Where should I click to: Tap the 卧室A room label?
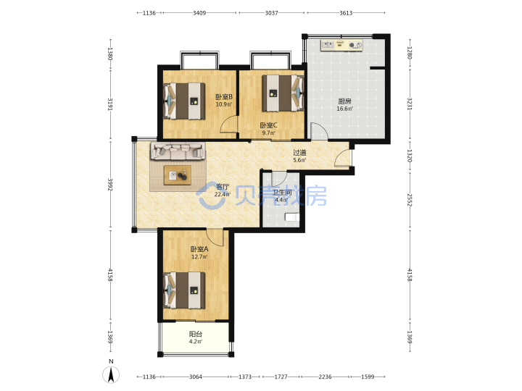[x=199, y=249]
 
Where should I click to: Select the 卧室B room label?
[x=224, y=97]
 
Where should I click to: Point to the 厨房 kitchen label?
[x=344, y=101]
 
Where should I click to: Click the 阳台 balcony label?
[x=196, y=334]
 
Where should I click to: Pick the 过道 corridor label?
[x=299, y=153]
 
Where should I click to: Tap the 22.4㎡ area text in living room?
[x=223, y=195]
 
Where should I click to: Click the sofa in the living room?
[x=178, y=151]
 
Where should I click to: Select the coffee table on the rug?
[x=178, y=175]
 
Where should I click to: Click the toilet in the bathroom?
[x=292, y=217]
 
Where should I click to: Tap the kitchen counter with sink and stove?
[x=341, y=45]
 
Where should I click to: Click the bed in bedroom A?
[x=184, y=290]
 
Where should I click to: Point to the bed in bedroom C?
[x=283, y=93]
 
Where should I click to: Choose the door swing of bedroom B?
[x=229, y=125]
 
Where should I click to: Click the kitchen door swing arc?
[x=319, y=130]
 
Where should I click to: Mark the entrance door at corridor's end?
[x=342, y=158]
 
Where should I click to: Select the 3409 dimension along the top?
[x=199, y=13]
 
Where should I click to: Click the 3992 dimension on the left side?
[x=110, y=185]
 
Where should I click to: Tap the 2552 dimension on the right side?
[x=410, y=200]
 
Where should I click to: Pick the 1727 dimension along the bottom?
[x=281, y=377]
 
